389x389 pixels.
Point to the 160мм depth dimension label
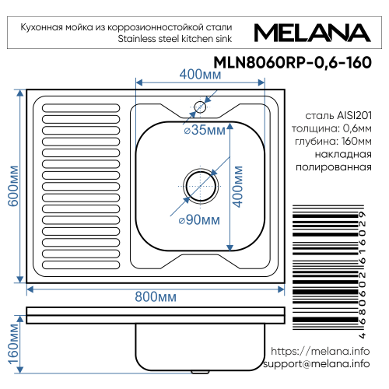pos(12,345)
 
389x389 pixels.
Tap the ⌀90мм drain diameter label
pos(197,220)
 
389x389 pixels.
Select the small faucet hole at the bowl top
pos(200,107)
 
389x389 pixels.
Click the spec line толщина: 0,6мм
pos(328,128)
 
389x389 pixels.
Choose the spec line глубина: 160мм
pos(328,141)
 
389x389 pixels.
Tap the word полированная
pos(328,168)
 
